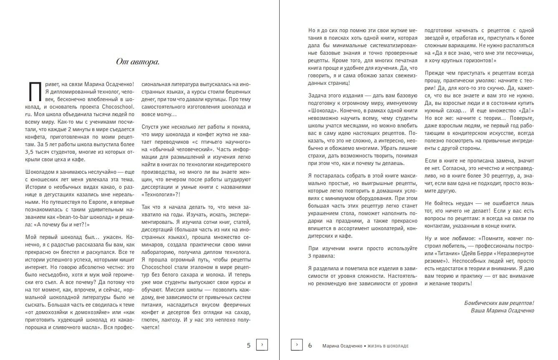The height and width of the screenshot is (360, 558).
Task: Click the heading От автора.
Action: click(x=137, y=62)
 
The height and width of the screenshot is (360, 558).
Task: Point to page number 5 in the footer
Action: click(x=249, y=345)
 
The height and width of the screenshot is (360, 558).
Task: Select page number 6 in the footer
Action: click(x=310, y=345)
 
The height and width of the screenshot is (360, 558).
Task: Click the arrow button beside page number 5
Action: click(x=262, y=345)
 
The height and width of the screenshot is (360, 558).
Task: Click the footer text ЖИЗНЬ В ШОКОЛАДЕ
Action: click(x=389, y=346)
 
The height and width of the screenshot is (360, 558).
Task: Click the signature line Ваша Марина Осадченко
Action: click(x=502, y=310)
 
